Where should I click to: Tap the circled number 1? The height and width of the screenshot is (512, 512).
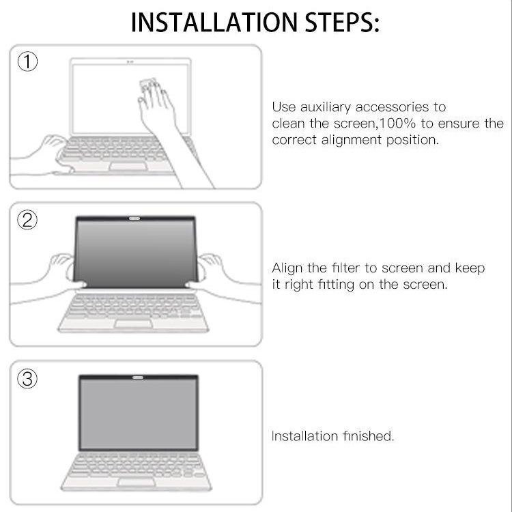tap(27, 63)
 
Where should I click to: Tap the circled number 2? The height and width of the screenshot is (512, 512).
tap(27, 220)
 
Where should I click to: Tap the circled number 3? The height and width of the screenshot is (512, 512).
tap(27, 379)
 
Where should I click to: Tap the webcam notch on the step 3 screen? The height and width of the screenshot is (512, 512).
tap(138, 377)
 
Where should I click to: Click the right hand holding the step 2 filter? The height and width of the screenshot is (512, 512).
tap(213, 268)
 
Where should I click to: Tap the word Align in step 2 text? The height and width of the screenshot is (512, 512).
tap(288, 268)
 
